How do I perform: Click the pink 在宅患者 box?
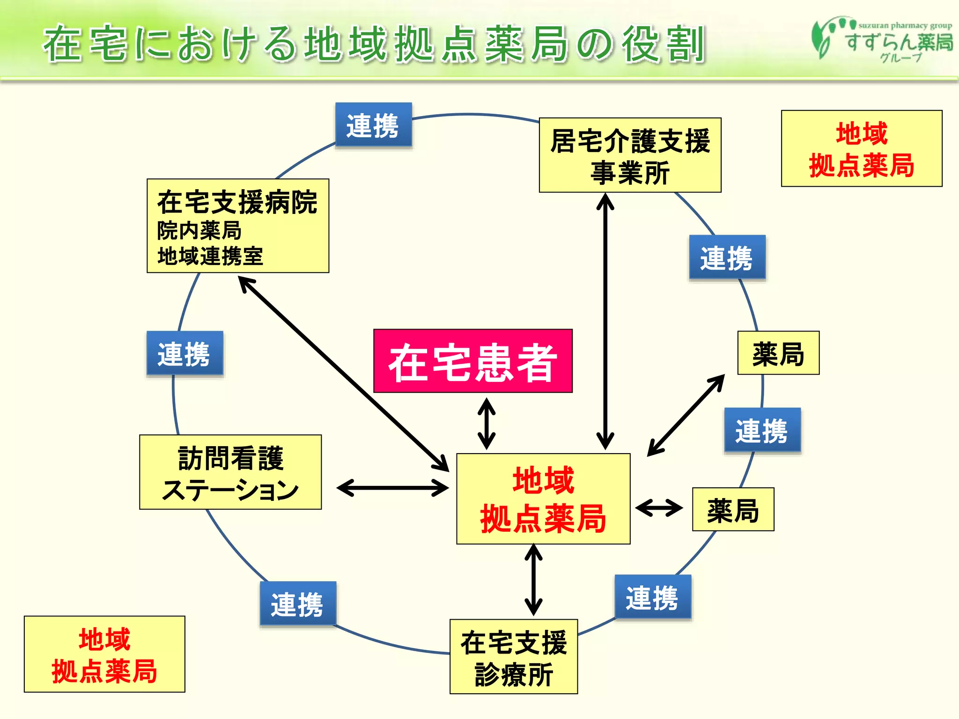click(x=472, y=361)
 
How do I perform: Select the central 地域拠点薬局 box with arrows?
click(x=543, y=499)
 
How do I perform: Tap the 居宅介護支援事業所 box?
click(x=630, y=155)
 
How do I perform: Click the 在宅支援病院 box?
click(x=238, y=226)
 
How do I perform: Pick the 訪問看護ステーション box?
click(x=230, y=472)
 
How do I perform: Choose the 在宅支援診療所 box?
click(x=514, y=657)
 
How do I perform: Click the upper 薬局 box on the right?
click(x=778, y=353)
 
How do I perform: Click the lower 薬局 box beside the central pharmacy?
click(x=733, y=510)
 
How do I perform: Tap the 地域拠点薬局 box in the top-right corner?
click(x=862, y=149)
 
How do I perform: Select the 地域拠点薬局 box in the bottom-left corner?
click(x=104, y=654)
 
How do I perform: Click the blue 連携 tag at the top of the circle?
click(x=373, y=125)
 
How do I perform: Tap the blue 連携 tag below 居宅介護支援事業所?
click(x=727, y=258)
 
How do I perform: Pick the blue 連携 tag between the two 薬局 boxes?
click(x=762, y=430)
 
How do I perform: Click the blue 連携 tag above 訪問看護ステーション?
click(x=184, y=353)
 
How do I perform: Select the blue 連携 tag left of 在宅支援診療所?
click(x=298, y=604)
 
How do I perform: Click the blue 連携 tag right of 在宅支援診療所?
click(x=653, y=598)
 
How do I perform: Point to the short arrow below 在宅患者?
click(x=487, y=423)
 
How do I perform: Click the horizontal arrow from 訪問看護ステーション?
click(x=392, y=488)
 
